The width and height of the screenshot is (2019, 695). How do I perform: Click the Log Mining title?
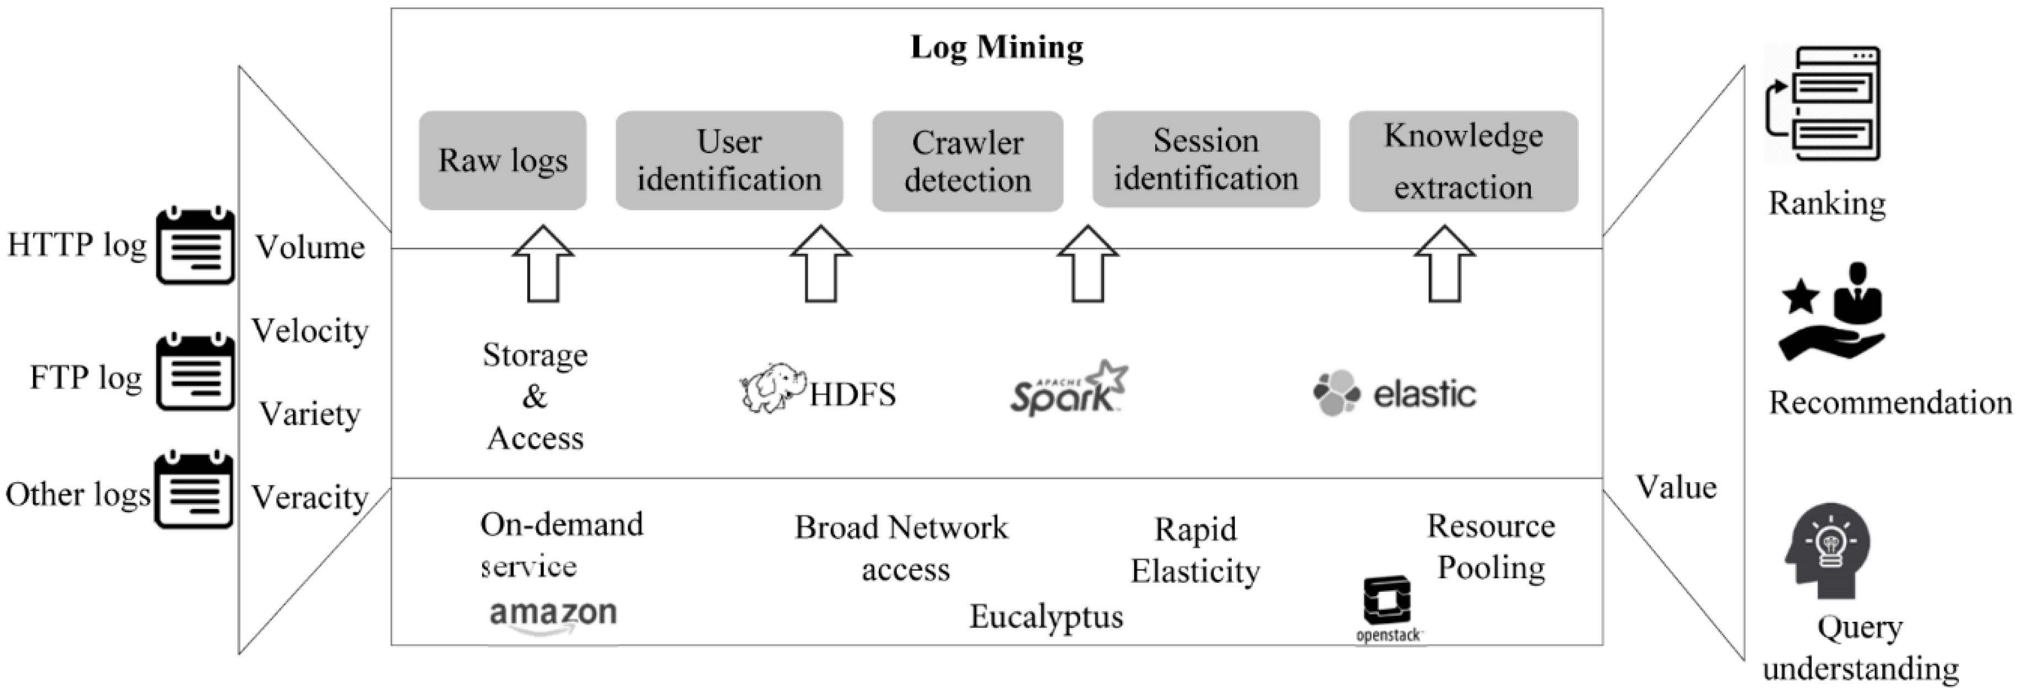997,47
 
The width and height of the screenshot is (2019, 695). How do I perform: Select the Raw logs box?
503,161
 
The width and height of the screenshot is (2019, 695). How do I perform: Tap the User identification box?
729,161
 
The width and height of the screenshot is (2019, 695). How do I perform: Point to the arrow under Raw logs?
543,265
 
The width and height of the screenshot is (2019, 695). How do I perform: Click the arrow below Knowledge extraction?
1445,265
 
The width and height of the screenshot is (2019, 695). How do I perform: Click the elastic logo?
1395,393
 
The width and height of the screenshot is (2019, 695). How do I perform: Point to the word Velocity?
309,330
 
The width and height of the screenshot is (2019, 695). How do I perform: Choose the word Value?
1676,488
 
